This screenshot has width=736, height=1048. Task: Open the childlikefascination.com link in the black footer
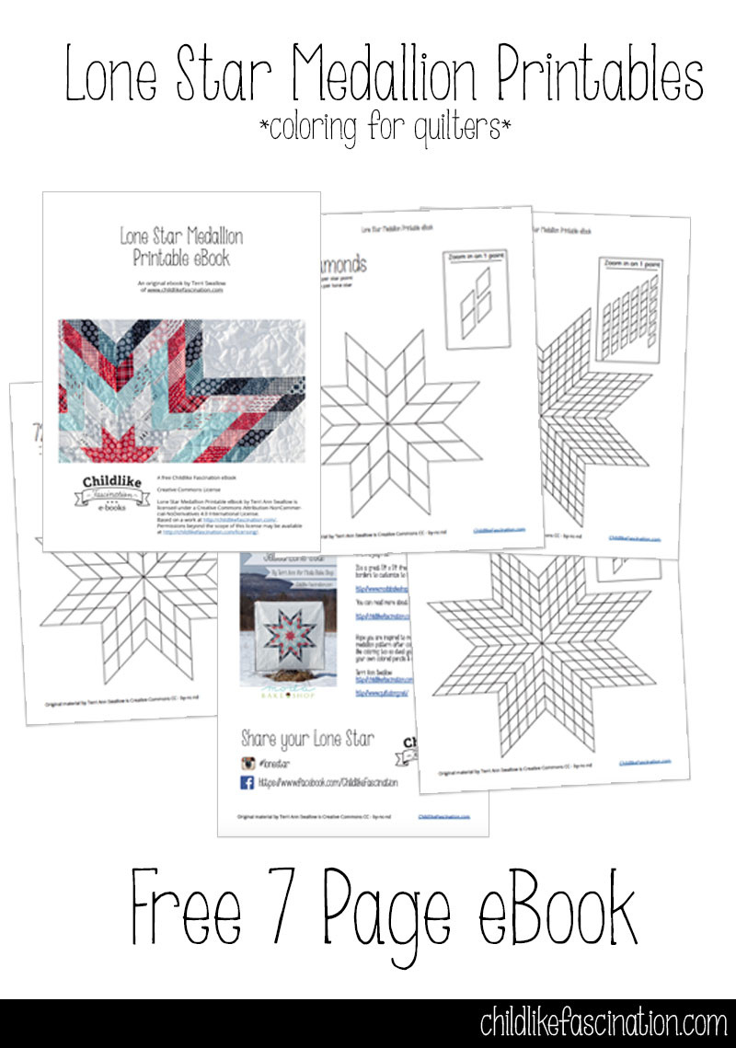point(604,1023)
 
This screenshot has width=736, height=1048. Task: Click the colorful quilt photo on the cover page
point(182,390)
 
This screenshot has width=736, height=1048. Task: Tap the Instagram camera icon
point(247,763)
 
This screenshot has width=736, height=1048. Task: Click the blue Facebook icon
point(247,783)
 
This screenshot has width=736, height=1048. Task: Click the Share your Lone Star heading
point(307,738)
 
